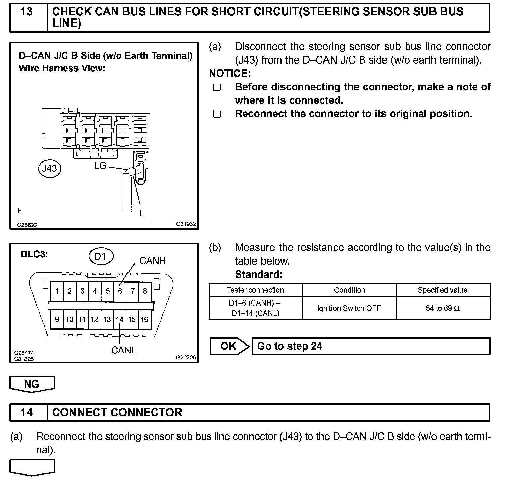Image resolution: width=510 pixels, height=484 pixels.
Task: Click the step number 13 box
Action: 27,12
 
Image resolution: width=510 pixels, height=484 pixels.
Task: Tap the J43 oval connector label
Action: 50,168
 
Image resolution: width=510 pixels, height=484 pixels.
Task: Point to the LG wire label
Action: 100,165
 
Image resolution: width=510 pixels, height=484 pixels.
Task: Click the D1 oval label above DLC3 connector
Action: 100,257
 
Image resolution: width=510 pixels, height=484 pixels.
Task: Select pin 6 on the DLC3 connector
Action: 120,291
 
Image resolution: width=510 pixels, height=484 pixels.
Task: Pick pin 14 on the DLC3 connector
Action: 120,319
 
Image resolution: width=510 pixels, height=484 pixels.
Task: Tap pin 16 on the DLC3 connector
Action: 144,319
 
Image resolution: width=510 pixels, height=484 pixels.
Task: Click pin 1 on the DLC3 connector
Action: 57,291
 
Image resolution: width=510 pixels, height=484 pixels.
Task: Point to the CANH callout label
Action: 153,261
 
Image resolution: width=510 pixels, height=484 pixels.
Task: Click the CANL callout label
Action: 123,350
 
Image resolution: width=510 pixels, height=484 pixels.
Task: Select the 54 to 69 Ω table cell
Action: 443,308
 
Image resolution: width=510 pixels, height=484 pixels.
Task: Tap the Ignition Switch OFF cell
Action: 349,308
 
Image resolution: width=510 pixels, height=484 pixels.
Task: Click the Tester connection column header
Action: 255,290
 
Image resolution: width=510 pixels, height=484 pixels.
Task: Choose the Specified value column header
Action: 443,290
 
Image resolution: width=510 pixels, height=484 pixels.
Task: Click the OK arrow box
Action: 229,346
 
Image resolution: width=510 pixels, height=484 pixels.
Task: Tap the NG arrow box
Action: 32,384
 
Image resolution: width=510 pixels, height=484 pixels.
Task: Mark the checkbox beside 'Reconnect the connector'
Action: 217,114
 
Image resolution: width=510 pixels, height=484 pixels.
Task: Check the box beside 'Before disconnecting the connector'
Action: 217,87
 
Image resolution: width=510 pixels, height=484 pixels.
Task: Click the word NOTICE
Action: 229,73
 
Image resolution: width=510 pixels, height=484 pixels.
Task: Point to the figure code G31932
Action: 186,224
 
